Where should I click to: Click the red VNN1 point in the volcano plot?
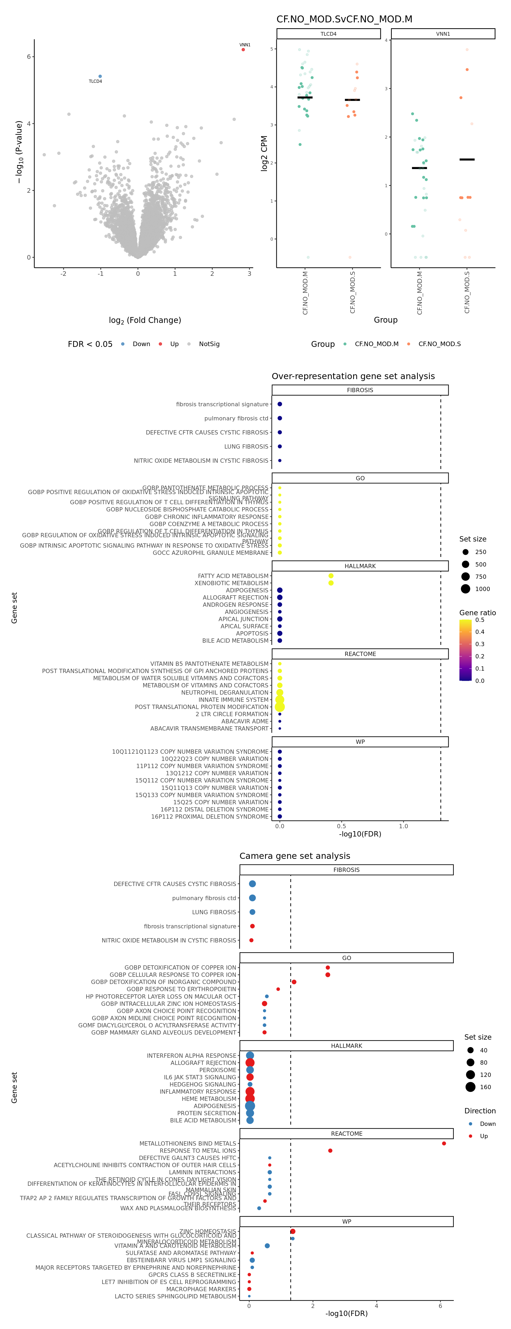(243, 50)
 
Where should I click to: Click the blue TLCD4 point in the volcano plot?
(100, 76)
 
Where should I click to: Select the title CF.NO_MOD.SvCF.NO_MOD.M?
(344, 19)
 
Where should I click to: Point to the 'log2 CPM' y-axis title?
(264, 153)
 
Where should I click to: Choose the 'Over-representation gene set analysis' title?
(353, 376)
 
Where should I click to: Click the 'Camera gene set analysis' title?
(294, 856)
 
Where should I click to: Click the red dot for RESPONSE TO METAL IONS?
(330, 1150)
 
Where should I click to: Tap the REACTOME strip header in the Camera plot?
(347, 1134)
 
